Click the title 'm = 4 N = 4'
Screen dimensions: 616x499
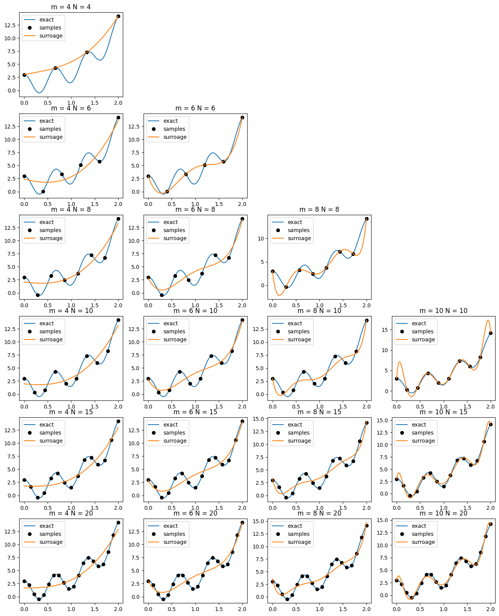(x=71, y=7)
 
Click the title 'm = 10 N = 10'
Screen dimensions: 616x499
(x=443, y=311)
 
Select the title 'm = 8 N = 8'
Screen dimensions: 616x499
(x=319, y=209)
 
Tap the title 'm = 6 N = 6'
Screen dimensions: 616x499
(x=195, y=108)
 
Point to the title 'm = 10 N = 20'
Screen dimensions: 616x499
(x=443, y=513)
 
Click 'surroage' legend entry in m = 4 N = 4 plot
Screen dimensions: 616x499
(x=51, y=36)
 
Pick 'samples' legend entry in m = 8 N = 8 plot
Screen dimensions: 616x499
(x=299, y=230)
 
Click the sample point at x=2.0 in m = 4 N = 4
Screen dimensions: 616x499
(x=118, y=16)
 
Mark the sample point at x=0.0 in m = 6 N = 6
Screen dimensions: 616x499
(x=148, y=176)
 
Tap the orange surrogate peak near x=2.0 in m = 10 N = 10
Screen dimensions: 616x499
(x=488, y=320)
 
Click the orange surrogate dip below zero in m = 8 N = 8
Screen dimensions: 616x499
(x=279, y=295)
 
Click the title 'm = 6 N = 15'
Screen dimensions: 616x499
(x=195, y=412)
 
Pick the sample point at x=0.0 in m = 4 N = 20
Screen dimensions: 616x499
(x=24, y=581)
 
